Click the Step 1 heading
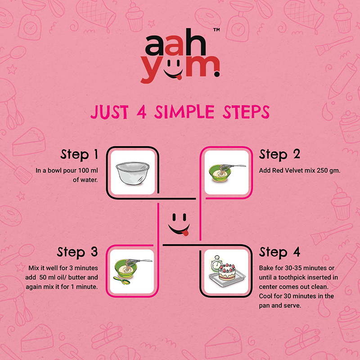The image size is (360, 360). (79, 154)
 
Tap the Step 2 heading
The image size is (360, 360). (279, 154)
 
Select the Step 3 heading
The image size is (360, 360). (77, 252)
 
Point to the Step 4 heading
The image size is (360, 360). (279, 252)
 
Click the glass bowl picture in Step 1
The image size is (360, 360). (133, 173)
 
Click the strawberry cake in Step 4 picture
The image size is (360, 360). (227, 272)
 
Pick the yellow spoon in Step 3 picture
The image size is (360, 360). (121, 280)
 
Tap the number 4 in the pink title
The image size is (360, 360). (142, 112)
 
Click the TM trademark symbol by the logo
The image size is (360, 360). (216, 30)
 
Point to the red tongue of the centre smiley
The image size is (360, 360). (185, 233)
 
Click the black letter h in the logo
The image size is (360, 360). (196, 42)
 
